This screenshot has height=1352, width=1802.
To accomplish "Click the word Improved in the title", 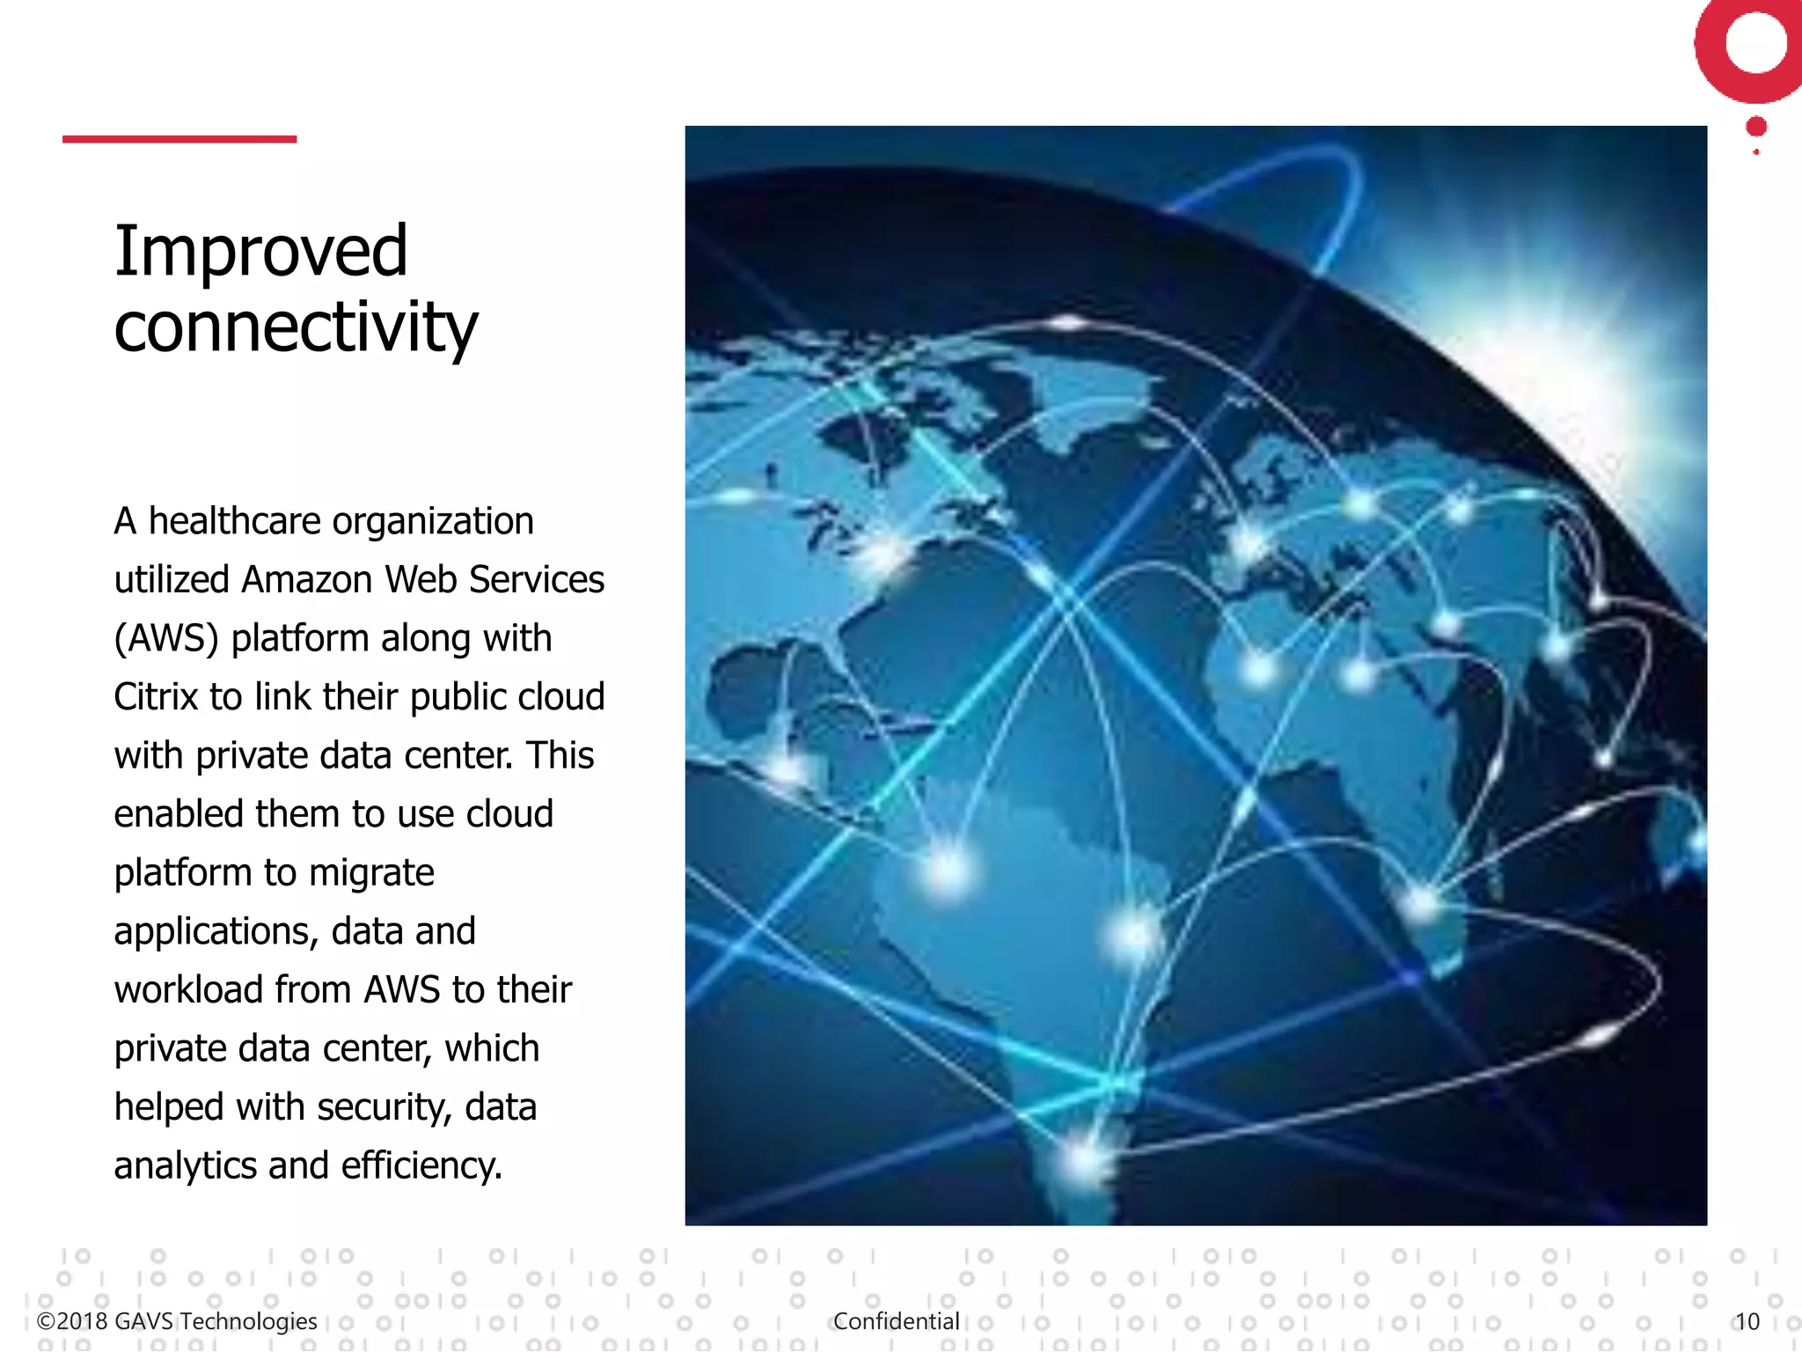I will coord(260,252).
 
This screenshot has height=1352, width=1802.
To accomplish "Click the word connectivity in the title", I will coord(296,327).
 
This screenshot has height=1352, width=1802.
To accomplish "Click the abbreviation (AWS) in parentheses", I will coord(166,639).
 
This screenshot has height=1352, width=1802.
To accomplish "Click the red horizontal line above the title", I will coord(179,139).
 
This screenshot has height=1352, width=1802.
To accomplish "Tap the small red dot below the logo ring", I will coord(1756,127).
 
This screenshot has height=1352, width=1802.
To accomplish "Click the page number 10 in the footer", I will coord(1747,1321).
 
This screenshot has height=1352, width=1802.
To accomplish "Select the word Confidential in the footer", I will coord(896,1321).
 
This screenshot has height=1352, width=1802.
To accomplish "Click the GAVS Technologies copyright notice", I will coord(177,1321).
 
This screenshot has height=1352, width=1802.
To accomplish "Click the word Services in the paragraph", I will coord(537,580).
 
